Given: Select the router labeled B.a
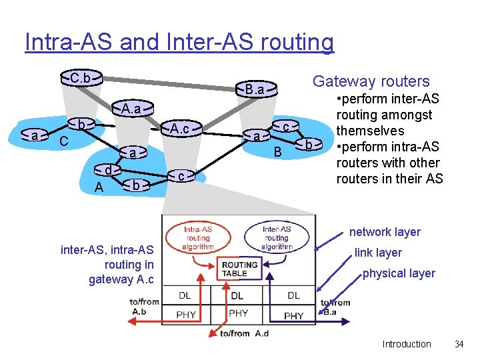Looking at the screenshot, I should click(x=255, y=89).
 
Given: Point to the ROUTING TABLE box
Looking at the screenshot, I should click(x=239, y=269).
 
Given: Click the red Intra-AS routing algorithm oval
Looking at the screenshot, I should click(x=198, y=237).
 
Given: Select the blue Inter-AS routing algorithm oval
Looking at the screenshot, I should click(x=276, y=237).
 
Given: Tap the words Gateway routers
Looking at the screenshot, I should click(x=371, y=81).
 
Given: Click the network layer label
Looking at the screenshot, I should click(x=385, y=232).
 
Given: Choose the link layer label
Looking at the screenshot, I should click(x=378, y=253).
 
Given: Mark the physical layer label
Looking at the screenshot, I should click(x=398, y=273).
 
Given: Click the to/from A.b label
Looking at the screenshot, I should click(x=145, y=306).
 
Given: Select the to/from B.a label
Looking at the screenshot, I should click(x=335, y=307).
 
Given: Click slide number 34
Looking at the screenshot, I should click(x=458, y=344).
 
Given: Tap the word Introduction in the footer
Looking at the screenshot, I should click(x=406, y=344).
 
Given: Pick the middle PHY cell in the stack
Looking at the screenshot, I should click(x=238, y=313).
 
